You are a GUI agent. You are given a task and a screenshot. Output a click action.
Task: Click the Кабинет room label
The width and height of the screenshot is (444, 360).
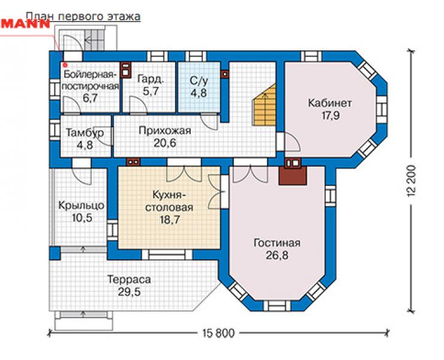point(330,103)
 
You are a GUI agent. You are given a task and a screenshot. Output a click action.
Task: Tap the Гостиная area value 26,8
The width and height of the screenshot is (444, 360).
point(277,256)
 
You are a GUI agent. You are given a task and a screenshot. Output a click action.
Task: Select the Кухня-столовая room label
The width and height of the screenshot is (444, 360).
point(169,201)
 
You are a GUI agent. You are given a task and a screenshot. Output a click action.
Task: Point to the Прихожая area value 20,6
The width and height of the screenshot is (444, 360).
point(165,143)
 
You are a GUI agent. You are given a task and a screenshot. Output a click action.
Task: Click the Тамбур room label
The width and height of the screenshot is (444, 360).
point(85,133)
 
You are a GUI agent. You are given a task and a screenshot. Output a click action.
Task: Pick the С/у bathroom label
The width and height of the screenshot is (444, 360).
point(199,80)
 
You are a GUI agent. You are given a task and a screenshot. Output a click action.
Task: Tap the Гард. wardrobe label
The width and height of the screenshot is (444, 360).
point(151,79)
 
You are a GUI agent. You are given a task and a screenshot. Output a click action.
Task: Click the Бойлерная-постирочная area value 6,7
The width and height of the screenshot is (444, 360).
point(91,98)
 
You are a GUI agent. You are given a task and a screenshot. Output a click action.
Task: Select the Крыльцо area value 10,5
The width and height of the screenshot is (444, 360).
point(82,218)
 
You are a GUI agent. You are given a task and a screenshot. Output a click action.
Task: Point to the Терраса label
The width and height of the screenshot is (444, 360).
point(129,280)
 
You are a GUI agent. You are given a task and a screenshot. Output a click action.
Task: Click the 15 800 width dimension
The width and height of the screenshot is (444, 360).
point(218,334)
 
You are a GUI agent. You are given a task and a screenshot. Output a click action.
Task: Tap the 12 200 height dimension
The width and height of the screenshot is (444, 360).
point(413,181)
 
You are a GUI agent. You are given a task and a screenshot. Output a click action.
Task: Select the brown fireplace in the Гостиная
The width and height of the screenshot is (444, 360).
point(293,175)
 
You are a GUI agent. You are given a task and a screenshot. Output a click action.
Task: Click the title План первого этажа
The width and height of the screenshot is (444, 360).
point(83,17)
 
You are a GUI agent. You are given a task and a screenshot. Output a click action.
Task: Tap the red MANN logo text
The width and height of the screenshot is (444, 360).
point(25,23)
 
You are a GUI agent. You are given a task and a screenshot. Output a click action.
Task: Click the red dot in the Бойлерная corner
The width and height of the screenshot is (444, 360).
point(65,65)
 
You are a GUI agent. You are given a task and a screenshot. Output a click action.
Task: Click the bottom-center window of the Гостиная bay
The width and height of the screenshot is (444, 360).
point(277,306)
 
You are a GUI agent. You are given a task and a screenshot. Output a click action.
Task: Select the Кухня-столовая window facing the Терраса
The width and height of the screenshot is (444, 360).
point(167,254)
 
